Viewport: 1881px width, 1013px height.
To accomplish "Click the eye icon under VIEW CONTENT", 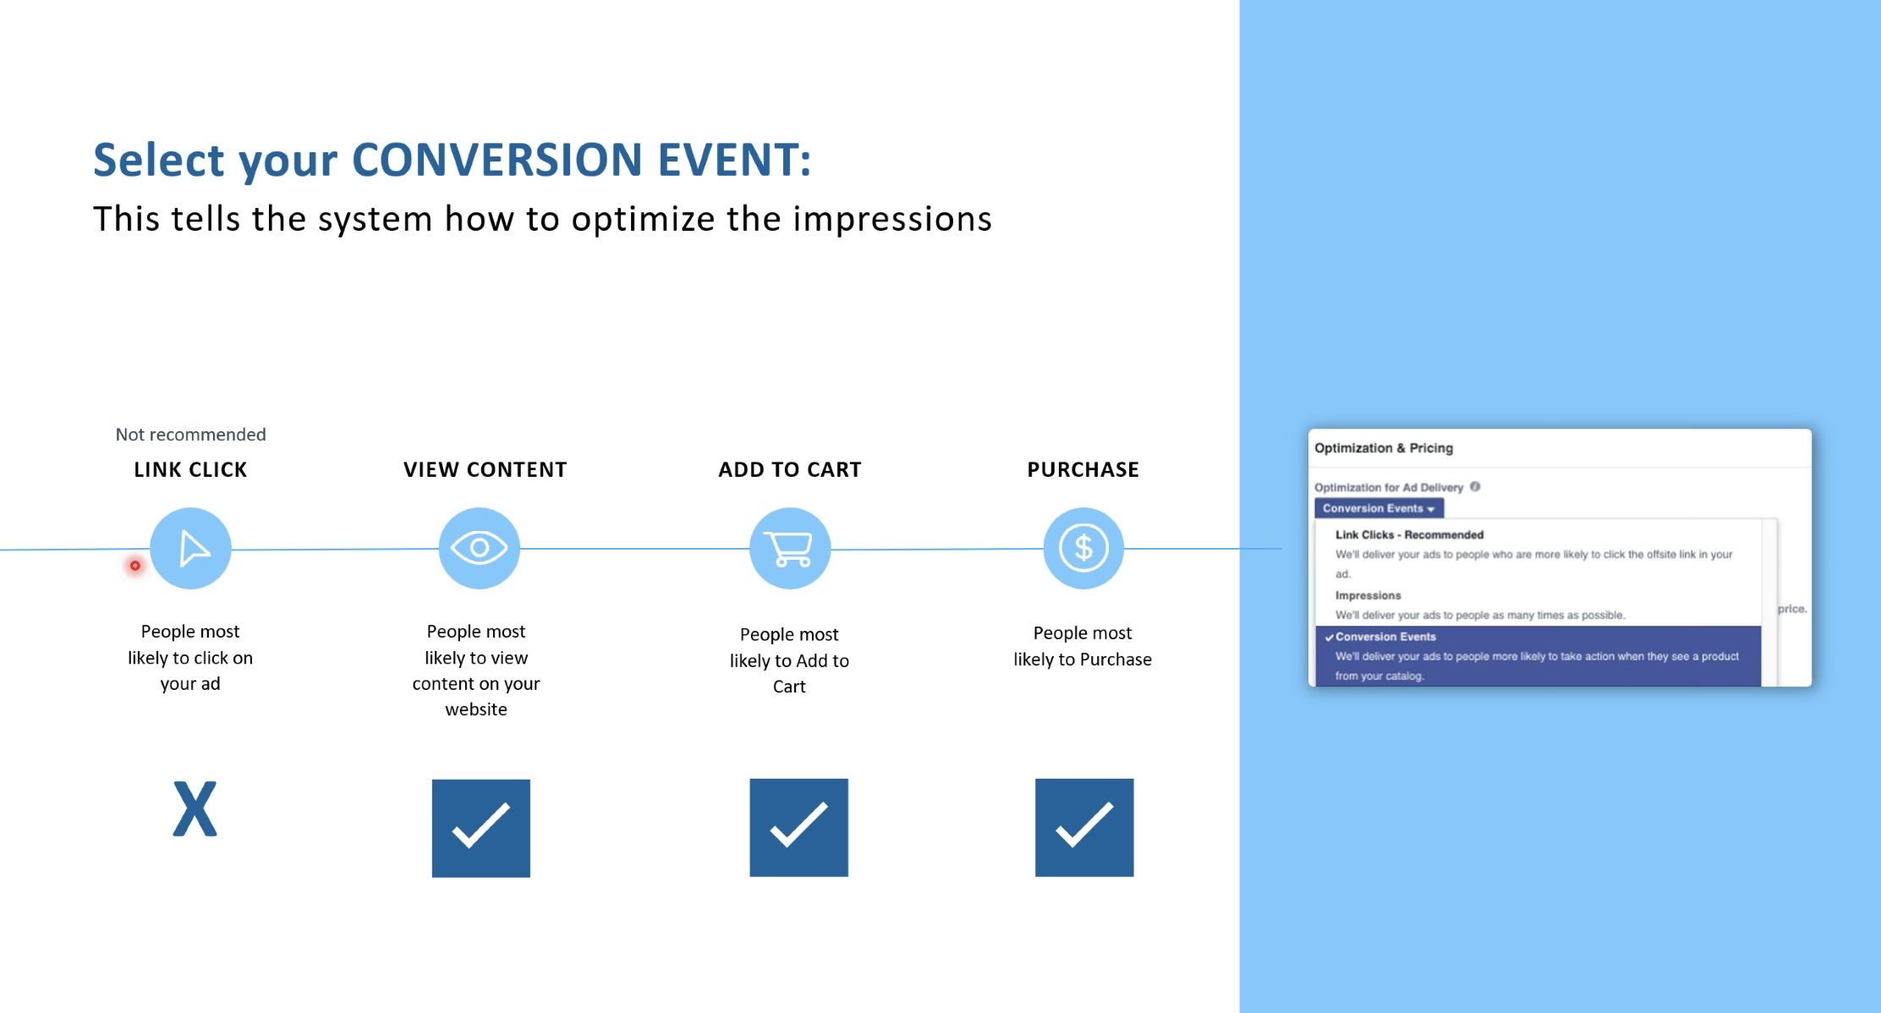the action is point(479,548).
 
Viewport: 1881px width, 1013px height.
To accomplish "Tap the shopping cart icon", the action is point(790,548).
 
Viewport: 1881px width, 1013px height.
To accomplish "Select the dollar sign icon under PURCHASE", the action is point(1083,548).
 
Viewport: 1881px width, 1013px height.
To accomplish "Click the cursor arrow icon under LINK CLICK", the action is point(190,548).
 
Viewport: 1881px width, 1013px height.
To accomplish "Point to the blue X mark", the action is point(195,809).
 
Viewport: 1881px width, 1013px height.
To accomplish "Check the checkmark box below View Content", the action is point(481,828).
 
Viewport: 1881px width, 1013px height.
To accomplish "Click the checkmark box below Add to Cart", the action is point(798,827).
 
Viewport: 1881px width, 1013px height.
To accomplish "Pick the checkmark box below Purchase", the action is point(1084,827).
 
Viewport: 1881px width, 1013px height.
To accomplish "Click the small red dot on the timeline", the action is point(134,566).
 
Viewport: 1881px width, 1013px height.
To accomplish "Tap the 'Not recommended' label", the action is point(190,435).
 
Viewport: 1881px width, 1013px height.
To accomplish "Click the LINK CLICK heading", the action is point(190,470).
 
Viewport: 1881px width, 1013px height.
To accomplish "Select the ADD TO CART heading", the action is point(790,470).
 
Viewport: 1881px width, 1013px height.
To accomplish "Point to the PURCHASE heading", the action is point(1083,470).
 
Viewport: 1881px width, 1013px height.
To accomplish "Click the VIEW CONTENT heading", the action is point(485,470).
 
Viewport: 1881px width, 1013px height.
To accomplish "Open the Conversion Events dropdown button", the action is point(1379,508).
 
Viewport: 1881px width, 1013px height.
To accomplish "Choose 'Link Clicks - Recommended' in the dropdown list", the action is point(1409,534).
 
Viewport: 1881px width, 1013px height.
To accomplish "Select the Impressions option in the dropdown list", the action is point(1368,595).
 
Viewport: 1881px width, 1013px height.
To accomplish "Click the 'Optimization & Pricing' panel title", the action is point(1384,448).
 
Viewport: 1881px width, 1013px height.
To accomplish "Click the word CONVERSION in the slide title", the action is point(496,160).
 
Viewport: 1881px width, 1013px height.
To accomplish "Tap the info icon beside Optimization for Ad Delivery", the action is point(1475,486).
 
